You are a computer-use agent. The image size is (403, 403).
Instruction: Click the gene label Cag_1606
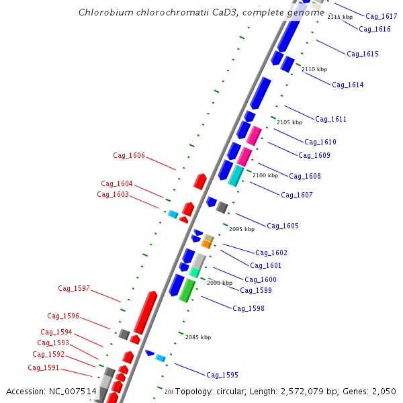pos(129,155)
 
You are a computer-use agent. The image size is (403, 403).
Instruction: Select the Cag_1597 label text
pos(74,288)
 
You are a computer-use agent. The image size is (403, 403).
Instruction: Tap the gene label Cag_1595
pos(222,375)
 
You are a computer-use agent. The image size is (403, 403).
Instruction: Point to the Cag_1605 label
pos(283,226)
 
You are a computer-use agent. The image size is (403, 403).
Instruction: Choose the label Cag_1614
pos(348,85)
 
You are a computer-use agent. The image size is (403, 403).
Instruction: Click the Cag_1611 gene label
pos(330,119)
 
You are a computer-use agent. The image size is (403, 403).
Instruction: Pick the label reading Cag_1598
pos(249,308)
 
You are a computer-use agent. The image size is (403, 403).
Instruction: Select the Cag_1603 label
pos(113,194)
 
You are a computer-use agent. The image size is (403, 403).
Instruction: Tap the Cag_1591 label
pos(44,367)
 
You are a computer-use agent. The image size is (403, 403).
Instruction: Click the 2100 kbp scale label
pos(265,175)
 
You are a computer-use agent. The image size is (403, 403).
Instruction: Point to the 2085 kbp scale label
pos(198,337)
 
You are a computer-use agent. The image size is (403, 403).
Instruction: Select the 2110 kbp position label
pos(314,69)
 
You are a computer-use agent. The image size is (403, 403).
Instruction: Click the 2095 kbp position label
pos(242,229)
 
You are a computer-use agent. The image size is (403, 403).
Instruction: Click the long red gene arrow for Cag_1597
pos(145,312)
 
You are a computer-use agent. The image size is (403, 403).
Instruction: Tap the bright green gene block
pos(187,291)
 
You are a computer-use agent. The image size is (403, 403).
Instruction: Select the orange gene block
pos(206,244)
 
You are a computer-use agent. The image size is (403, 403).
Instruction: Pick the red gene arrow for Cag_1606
pos(199,181)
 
